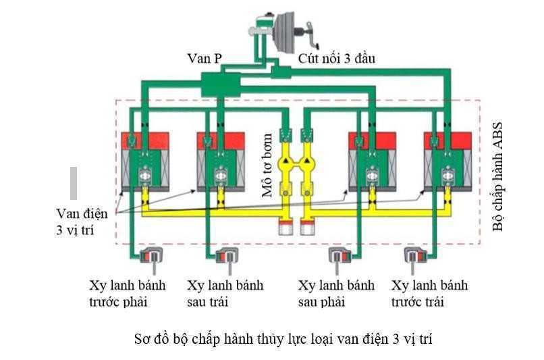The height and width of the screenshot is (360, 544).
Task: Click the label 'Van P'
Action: pyautogui.click(x=204, y=59)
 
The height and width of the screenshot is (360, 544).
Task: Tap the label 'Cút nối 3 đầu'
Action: pyautogui.click(x=337, y=59)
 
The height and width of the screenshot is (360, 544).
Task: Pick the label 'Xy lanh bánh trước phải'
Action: pyautogui.click(x=127, y=292)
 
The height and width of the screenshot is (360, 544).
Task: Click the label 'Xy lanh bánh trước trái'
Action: pyautogui.click(x=429, y=292)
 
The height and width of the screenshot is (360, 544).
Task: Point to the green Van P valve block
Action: pyautogui.click(x=221, y=86)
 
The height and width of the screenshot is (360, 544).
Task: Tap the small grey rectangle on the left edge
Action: pyautogui.click(x=73, y=183)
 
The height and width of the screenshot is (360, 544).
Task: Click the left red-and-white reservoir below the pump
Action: pyautogui.click(x=285, y=228)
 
